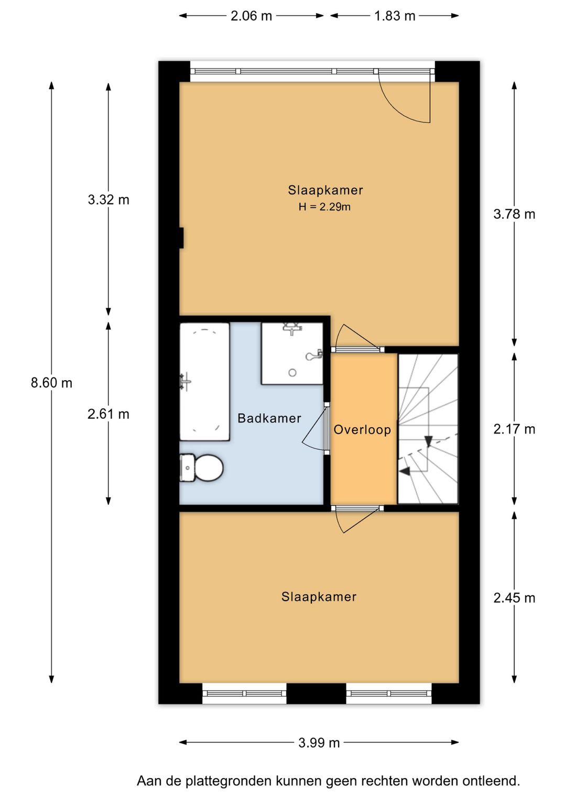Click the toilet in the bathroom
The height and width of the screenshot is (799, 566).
[201, 467]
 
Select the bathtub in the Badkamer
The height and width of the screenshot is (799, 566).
[204, 382]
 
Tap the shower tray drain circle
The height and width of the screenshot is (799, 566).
[292, 373]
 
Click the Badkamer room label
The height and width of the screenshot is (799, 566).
[269, 418]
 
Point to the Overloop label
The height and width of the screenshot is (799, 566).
[362, 430]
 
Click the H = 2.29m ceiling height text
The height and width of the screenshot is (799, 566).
[324, 207]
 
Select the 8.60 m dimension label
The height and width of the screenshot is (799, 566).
[51, 383]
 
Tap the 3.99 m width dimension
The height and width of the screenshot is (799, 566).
[319, 742]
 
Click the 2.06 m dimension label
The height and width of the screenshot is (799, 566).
[251, 16]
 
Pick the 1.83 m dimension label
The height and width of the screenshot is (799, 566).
[395, 16]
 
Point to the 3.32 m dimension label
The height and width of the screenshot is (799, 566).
[108, 200]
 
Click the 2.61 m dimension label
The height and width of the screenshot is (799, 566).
[108, 414]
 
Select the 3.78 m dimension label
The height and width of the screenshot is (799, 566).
[514, 214]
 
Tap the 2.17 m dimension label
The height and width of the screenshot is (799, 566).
[514, 429]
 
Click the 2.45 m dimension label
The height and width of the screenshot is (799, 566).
[514, 598]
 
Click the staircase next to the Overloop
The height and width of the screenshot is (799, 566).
[428, 429]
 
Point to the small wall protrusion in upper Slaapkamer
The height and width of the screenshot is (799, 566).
[181, 238]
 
